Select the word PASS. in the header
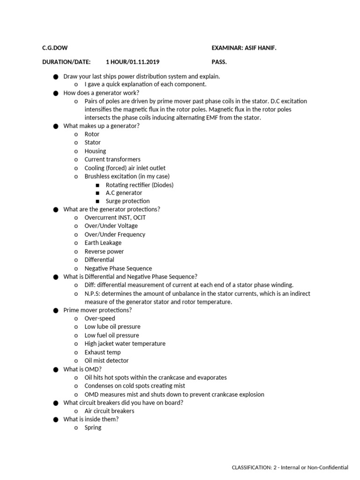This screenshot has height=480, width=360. point(219,62)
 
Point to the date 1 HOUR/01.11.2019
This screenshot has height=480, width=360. point(135,62)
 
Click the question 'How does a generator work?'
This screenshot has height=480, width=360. point(101,93)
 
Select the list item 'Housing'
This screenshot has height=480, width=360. point(95,151)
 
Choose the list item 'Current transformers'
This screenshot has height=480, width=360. point(112,159)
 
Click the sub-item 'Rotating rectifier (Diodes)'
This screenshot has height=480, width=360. point(140,185)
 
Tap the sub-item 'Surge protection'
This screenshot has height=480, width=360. point(127,201)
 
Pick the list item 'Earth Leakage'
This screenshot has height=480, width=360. point(103,243)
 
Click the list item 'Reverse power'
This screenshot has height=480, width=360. point(104,251)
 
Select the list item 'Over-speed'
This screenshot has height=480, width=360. point(100,318)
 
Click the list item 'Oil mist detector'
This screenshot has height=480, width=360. point(106,360)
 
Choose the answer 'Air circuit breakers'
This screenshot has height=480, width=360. point(109,411)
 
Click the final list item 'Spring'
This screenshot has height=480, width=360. point(93,427)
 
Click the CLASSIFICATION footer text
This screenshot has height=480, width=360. point(290,467)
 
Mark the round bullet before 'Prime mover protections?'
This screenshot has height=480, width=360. point(55,310)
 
